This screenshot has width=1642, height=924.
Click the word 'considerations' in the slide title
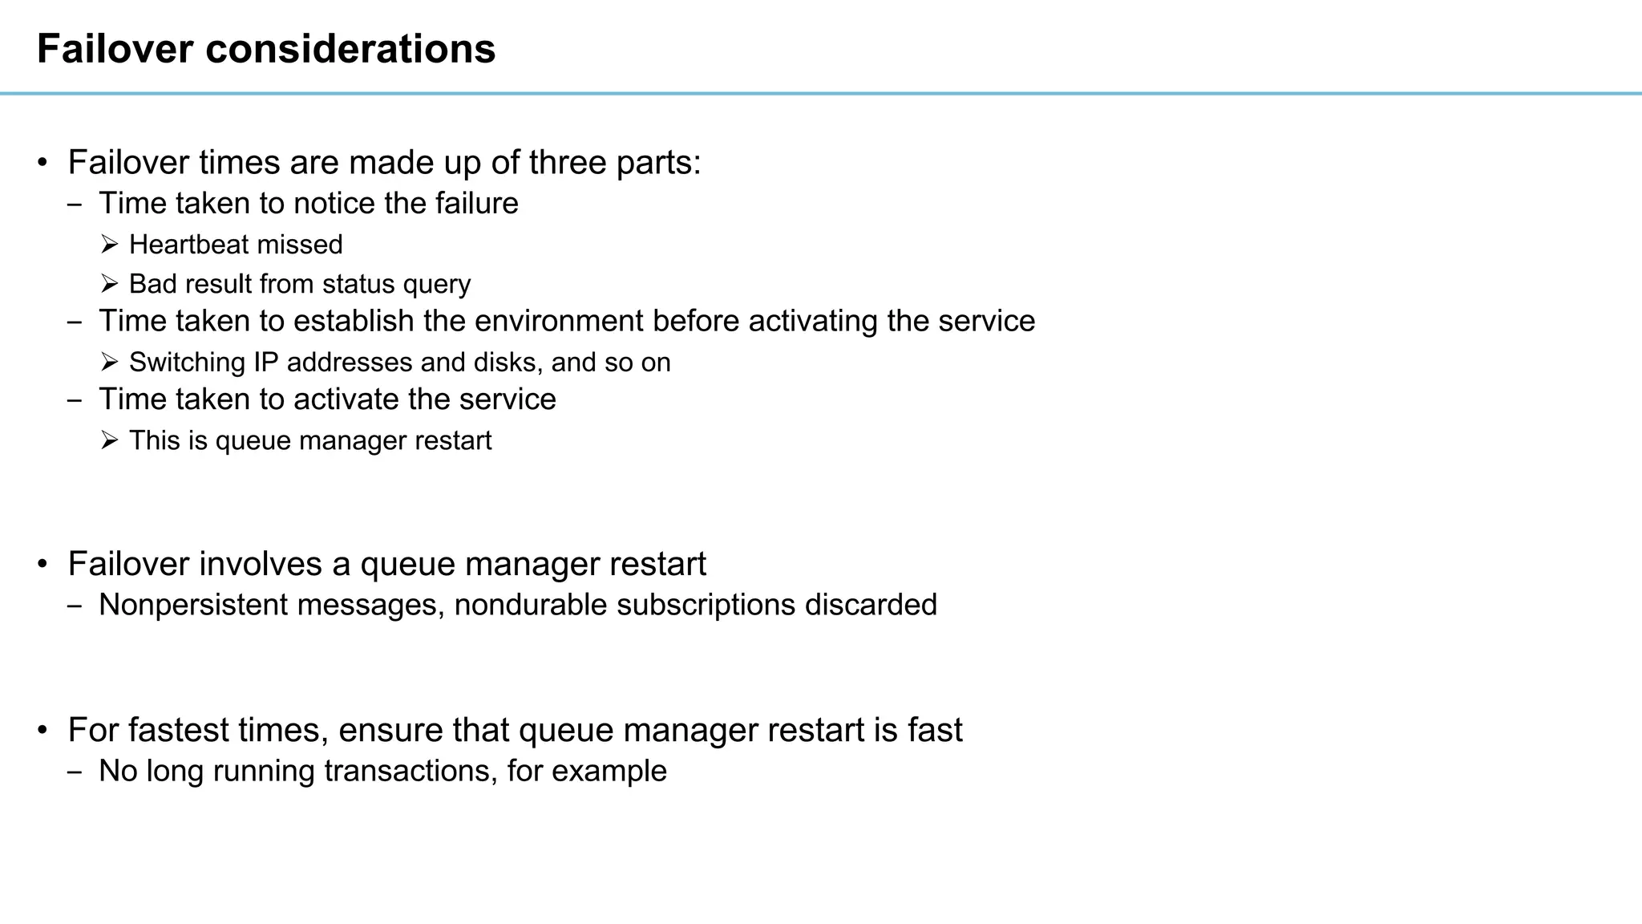[350, 49]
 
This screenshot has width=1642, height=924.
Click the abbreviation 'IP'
[265, 363]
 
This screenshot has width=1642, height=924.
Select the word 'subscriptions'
[706, 605]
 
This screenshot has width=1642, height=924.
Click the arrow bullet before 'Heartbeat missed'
[110, 244]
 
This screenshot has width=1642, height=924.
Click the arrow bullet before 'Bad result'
[110, 284]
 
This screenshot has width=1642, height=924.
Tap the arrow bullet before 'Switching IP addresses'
[110, 362]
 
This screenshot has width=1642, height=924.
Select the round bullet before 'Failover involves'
[43, 564]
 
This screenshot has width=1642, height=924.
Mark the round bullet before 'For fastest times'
[43, 730]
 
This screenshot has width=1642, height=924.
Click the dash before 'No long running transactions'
[75, 772]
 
